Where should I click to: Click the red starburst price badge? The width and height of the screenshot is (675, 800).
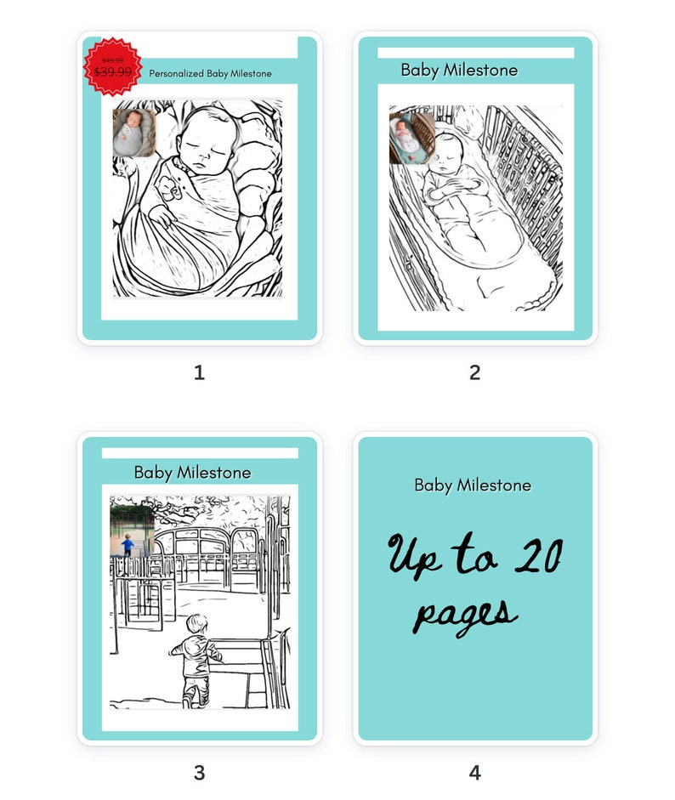[113, 66]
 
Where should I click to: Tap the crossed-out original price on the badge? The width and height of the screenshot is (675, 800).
[112, 60]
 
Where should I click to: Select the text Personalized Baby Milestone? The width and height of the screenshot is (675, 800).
[210, 74]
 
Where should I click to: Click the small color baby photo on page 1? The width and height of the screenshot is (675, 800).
[134, 132]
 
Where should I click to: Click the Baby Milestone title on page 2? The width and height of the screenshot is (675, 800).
[459, 71]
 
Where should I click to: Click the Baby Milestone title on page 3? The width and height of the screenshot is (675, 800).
[192, 473]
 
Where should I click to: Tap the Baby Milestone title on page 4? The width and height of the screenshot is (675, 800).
[473, 485]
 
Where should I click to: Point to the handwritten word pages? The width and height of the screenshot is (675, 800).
[464, 613]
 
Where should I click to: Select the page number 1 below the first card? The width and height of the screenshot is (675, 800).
[199, 372]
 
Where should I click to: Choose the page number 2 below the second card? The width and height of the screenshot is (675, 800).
[474, 372]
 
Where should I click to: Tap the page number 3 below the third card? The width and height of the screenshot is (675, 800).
[199, 773]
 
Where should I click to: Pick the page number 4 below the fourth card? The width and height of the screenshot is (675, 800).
[474, 773]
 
